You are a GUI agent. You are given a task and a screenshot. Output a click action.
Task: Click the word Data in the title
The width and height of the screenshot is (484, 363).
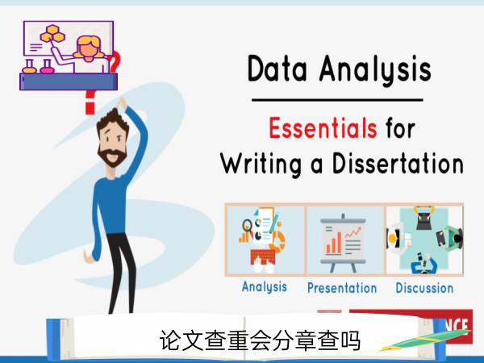click(x=277, y=69)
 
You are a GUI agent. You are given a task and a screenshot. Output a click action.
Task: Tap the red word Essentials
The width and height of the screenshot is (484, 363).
click(x=323, y=127)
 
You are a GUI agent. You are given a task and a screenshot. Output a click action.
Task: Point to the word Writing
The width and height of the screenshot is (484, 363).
click(x=261, y=165)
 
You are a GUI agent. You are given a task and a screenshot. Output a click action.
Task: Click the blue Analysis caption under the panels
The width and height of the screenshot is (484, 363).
click(x=265, y=286)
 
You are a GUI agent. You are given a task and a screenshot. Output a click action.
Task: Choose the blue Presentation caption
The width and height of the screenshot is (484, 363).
click(x=342, y=288)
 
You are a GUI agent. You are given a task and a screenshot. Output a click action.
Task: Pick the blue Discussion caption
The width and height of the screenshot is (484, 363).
click(x=424, y=288)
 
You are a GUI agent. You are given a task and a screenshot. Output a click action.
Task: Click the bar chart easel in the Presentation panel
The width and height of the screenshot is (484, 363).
click(x=343, y=243)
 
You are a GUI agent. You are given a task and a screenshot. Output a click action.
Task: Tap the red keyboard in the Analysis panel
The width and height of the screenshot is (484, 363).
click(x=263, y=257)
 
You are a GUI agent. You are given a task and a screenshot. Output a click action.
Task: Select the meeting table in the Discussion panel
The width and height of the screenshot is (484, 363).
click(x=424, y=239)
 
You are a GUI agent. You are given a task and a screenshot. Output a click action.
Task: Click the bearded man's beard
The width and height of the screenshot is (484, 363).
click(x=112, y=156)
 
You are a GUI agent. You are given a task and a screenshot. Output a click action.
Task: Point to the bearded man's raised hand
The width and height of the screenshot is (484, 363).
click(x=122, y=102)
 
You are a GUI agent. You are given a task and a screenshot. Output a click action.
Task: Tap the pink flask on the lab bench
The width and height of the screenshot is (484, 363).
click(x=47, y=67)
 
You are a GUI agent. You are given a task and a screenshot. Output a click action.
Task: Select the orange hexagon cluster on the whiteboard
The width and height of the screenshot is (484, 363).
click(x=52, y=34)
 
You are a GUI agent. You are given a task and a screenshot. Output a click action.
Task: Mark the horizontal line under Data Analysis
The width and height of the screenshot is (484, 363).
click(x=337, y=100)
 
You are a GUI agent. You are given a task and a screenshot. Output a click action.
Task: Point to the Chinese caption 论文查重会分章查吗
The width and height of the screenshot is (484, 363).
click(x=260, y=340)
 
